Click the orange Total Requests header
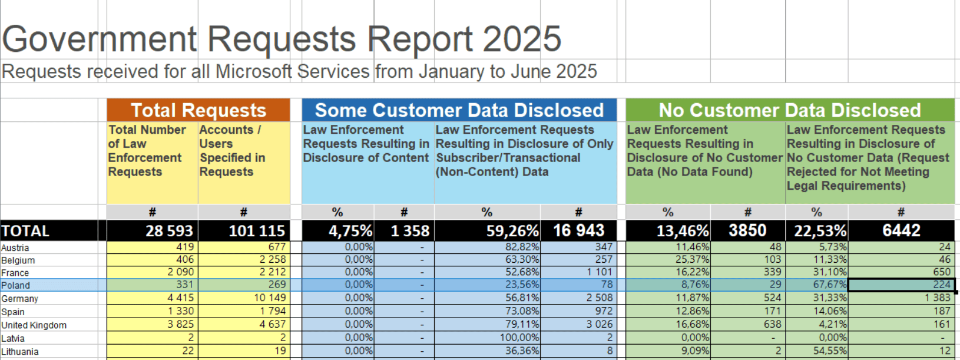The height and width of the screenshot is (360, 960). pyautogui.click(x=198, y=110)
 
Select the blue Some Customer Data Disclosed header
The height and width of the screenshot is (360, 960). pyautogui.click(x=459, y=110)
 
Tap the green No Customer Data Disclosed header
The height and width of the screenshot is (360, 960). pyautogui.click(x=790, y=110)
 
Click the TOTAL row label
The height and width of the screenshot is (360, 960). pyautogui.click(x=26, y=231)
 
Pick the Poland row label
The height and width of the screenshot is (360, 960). pyautogui.click(x=16, y=285)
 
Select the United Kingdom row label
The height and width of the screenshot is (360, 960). pyautogui.click(x=34, y=325)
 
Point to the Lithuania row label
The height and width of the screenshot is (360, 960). pyautogui.click(x=20, y=352)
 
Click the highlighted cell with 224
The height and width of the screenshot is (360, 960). pyautogui.click(x=902, y=285)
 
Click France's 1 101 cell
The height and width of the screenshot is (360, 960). pyautogui.click(x=578, y=272)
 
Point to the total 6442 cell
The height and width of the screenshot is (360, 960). pyautogui.click(x=902, y=230)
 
